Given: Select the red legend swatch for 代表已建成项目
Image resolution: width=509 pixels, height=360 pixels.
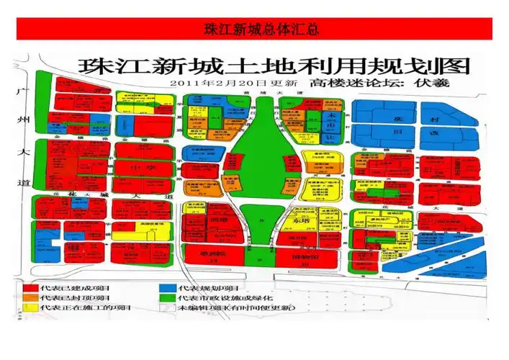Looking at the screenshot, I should tap(30, 288).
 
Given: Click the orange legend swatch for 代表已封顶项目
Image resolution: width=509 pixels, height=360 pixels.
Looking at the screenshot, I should tap(30, 298).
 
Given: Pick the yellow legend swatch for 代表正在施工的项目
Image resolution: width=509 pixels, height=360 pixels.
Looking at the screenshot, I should tap(30, 308).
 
